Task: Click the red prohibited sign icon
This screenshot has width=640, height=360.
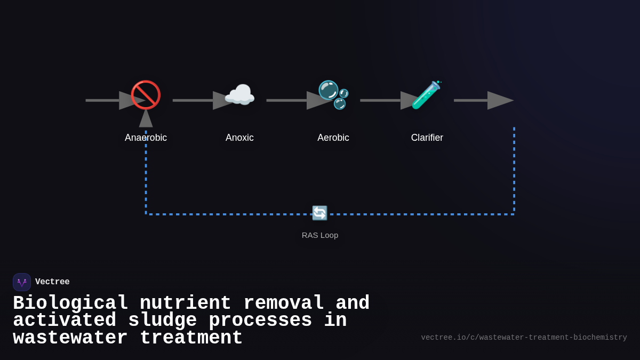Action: [x=146, y=95]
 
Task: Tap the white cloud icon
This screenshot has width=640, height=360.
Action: [x=239, y=95]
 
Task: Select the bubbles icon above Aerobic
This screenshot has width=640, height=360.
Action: [x=333, y=95]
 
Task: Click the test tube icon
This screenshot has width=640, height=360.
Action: [x=426, y=95]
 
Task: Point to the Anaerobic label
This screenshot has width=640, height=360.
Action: [x=146, y=138]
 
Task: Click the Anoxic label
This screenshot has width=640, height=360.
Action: [x=239, y=138]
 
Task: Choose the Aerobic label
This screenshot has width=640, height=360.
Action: [x=333, y=138]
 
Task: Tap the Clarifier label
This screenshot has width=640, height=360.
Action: [x=427, y=138]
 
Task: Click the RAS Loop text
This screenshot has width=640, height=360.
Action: [x=320, y=235]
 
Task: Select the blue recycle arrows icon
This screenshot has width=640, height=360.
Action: [x=319, y=213]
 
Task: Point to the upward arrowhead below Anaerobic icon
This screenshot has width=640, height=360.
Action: [x=146, y=118]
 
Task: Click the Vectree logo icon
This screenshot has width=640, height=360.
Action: [x=22, y=282]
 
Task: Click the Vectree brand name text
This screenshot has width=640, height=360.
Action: [x=52, y=282]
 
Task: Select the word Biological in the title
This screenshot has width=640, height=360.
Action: [x=70, y=303]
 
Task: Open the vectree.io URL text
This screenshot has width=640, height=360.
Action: [x=524, y=338]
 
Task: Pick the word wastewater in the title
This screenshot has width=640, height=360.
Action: [x=70, y=338]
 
